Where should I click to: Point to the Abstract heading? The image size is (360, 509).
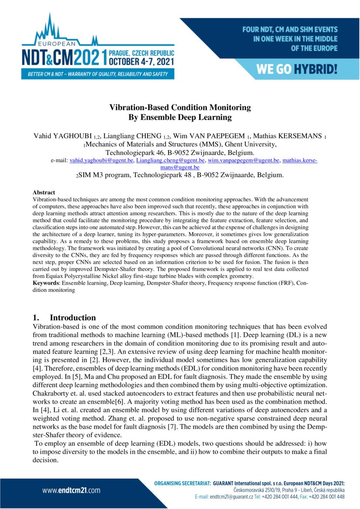(44, 192)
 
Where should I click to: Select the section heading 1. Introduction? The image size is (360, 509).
(64, 317)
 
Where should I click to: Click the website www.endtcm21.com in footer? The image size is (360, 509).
(71, 490)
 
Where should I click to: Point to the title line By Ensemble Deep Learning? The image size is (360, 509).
(180, 118)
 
